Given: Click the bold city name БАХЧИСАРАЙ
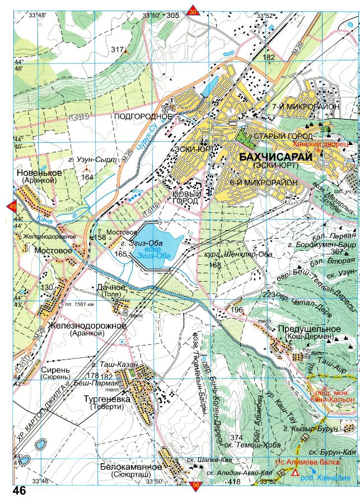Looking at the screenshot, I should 275,157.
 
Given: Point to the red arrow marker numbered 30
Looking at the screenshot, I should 193,12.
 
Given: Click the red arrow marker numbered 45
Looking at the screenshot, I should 12,207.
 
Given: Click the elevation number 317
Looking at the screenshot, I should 116,50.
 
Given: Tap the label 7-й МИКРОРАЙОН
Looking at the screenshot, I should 298,106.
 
